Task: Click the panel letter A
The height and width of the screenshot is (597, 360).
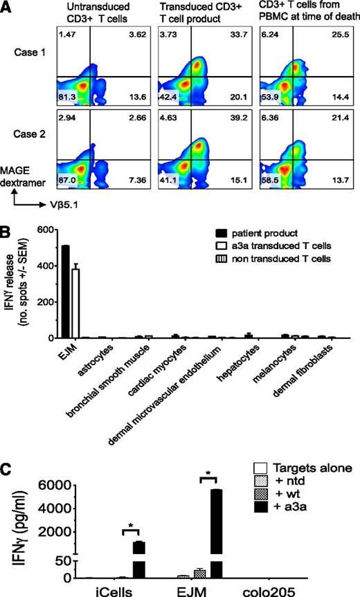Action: pyautogui.click(x=7, y=8)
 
